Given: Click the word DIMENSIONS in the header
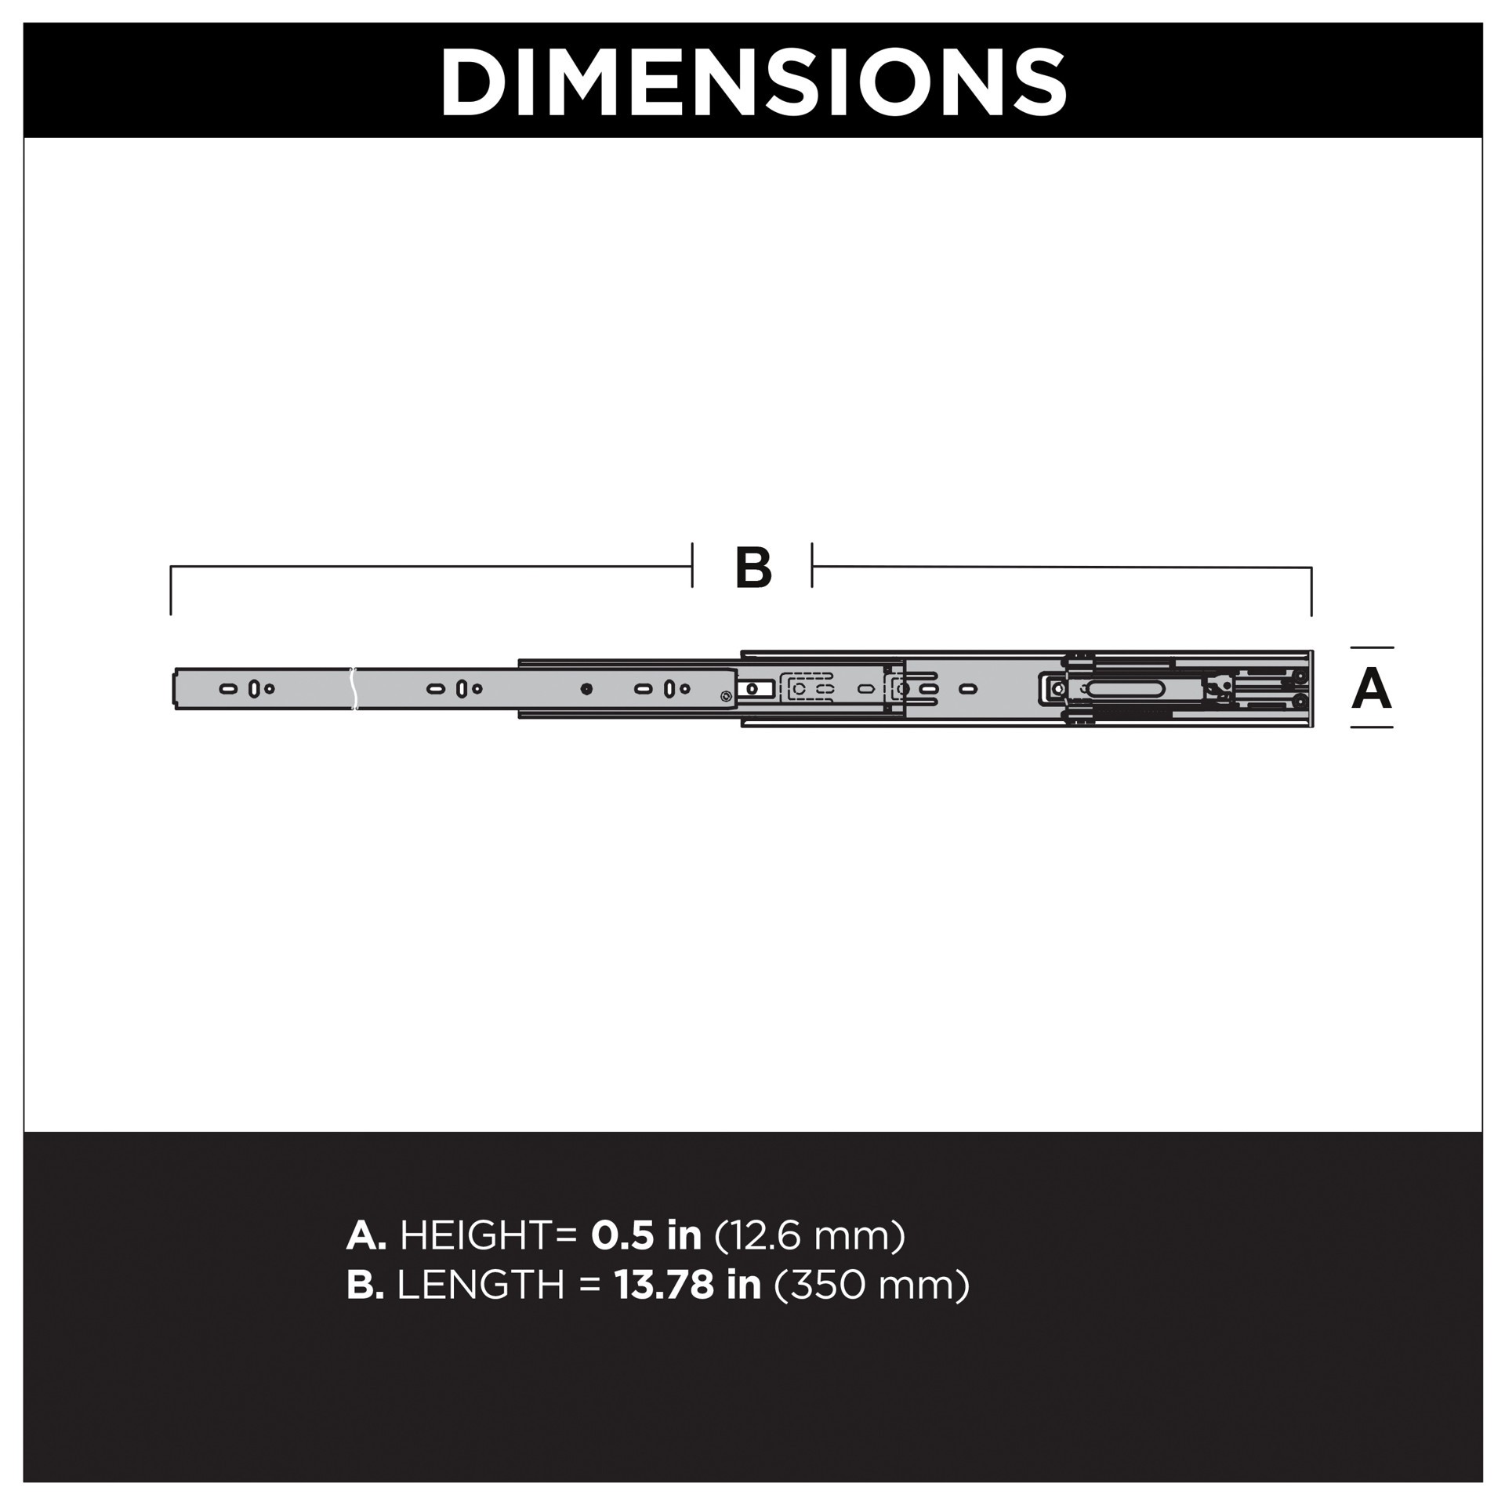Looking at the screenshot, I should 752,82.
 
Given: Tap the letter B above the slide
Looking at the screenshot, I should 753,568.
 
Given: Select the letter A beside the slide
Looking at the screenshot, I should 1371,689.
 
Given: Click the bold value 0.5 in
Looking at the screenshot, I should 646,1235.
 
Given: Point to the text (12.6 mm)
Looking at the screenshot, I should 810,1235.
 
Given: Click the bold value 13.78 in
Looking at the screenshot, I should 687,1285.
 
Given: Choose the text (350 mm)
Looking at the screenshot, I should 872,1285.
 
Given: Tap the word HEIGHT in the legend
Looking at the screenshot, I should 477,1235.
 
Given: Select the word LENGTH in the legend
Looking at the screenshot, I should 481,1285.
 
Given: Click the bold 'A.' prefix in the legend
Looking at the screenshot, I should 366,1235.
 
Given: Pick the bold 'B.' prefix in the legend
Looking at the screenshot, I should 365,1285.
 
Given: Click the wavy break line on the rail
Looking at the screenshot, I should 354,689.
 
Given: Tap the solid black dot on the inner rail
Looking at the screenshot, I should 586,689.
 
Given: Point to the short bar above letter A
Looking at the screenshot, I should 1372,647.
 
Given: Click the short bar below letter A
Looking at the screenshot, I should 1372,727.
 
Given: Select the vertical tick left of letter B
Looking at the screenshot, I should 692,564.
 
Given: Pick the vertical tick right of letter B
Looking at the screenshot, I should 812,564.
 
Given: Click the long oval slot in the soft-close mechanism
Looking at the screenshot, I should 1123,688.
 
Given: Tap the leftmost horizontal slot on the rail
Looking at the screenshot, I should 228,689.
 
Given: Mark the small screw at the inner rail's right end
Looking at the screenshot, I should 726,695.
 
